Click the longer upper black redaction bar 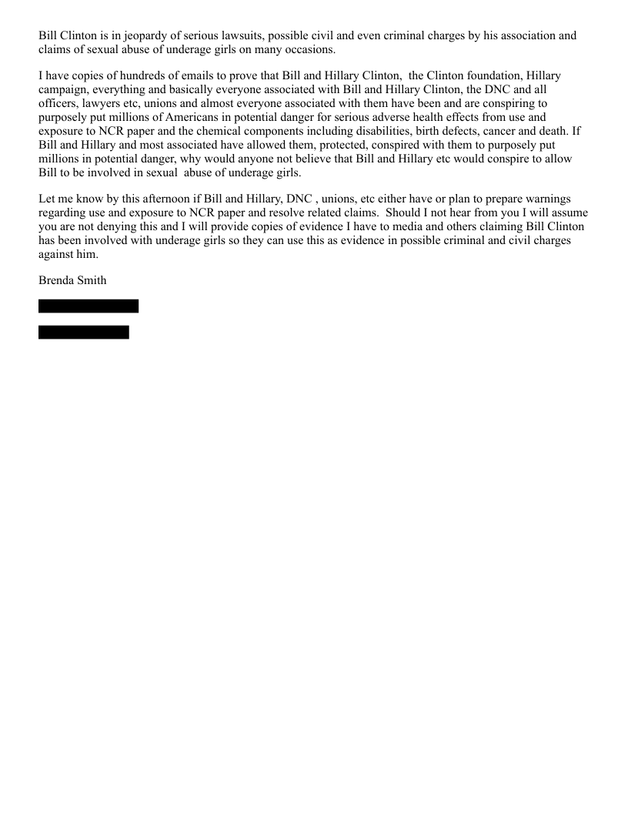point(89,306)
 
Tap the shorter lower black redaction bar point(84,332)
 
